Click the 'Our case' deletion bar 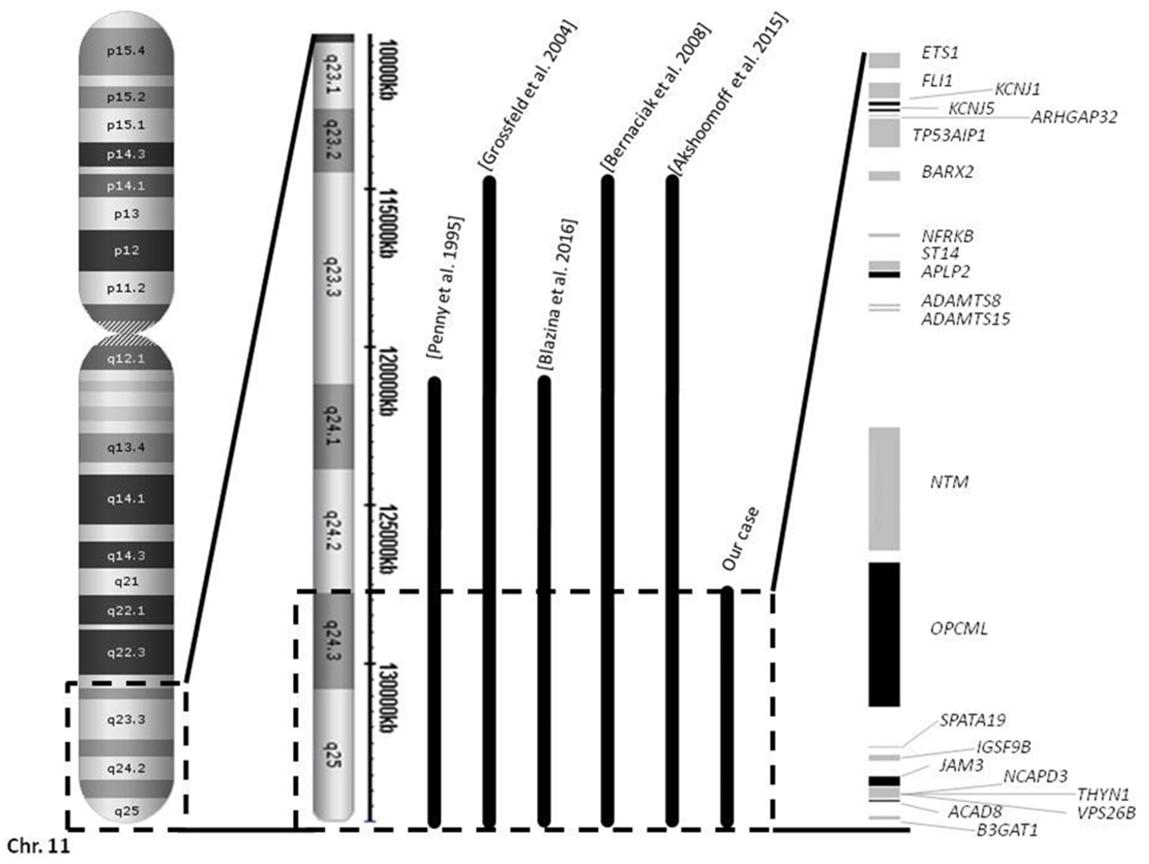pyautogui.click(x=727, y=707)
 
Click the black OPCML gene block pyautogui.click(x=884, y=634)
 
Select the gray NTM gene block pyautogui.click(x=884, y=488)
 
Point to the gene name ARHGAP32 pyautogui.click(x=1074, y=117)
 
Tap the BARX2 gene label pyautogui.click(x=947, y=172)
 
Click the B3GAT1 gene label pyautogui.click(x=1007, y=830)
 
